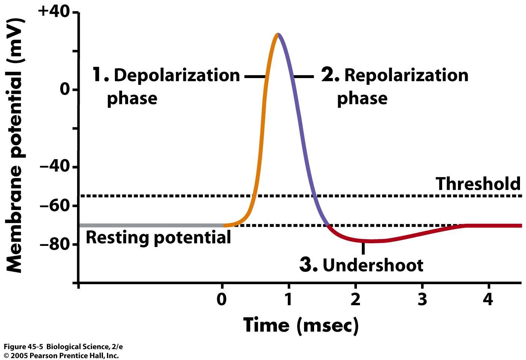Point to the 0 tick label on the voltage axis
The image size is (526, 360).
tap(65, 89)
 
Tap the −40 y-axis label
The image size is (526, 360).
tap(55, 167)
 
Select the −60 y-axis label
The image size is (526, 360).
tap(55, 206)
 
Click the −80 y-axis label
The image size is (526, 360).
tap(55, 244)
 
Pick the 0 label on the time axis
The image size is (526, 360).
tap(221, 299)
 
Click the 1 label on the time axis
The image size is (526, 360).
tap(288, 299)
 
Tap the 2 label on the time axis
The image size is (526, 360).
tap(355, 299)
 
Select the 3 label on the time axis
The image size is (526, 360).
tap(422, 299)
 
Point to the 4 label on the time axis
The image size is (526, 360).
tap(489, 299)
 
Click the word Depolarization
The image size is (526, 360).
tap(177, 75)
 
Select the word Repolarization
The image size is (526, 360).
tap(406, 75)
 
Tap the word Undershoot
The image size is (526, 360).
tap(373, 265)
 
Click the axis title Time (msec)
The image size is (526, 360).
tap(301, 325)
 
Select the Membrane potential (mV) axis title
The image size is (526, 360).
tap(15, 146)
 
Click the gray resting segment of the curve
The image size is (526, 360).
tap(151, 225)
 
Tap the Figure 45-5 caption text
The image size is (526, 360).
tap(63, 346)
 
